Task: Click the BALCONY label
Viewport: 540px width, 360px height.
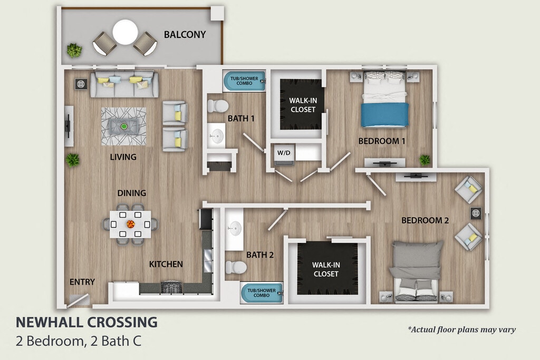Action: pyautogui.click(x=185, y=34)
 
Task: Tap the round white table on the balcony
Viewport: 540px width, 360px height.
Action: pyautogui.click(x=126, y=32)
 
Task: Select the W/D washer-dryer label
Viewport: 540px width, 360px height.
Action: pyautogui.click(x=284, y=153)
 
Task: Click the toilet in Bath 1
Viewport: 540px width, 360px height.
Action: pyautogui.click(x=218, y=105)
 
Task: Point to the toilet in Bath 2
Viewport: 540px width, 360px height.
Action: pyautogui.click(x=236, y=267)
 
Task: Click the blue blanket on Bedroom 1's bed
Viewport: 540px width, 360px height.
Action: pyautogui.click(x=384, y=115)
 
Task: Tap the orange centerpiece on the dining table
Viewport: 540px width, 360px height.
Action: pyautogui.click(x=131, y=224)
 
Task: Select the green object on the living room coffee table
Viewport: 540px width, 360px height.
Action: pyautogui.click(x=123, y=127)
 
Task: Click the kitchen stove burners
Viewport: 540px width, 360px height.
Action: pyautogui.click(x=171, y=288)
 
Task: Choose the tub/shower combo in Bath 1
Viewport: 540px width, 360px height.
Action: pyautogui.click(x=244, y=81)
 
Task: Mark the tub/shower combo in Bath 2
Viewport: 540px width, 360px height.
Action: pyautogui.click(x=262, y=293)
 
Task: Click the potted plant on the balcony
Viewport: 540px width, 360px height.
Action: pyautogui.click(x=74, y=50)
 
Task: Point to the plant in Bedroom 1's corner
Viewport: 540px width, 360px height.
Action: pyautogui.click(x=425, y=160)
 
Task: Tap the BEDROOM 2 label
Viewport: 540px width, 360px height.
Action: pyautogui.click(x=425, y=220)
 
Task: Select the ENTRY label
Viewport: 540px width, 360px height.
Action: pyautogui.click(x=82, y=282)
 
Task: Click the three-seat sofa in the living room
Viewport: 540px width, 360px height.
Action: pyautogui.click(x=124, y=84)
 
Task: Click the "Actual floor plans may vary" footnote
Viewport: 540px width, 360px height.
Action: pyautogui.click(x=461, y=330)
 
